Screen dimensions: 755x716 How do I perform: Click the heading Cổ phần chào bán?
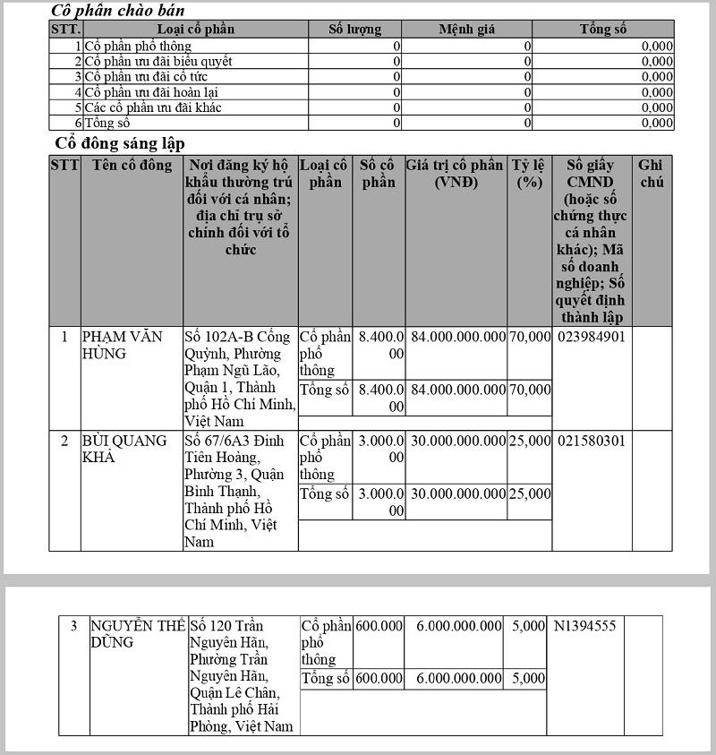118,11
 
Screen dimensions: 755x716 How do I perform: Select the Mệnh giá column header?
466,30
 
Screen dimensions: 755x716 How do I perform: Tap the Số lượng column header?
354,30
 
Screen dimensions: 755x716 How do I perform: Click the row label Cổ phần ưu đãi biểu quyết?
158,61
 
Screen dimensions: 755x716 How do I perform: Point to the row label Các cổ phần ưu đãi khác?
153,107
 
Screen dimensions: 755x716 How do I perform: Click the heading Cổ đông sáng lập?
120,142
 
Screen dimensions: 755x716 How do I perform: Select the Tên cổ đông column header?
131,166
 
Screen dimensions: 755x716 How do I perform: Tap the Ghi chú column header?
652,174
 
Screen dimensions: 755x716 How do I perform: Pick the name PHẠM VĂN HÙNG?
123,345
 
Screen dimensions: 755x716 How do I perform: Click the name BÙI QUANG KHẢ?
124,449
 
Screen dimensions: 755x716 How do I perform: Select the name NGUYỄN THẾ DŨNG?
137,633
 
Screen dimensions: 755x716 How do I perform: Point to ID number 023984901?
591,337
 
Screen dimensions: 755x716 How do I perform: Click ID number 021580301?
591,441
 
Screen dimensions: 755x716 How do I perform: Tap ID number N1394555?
584,626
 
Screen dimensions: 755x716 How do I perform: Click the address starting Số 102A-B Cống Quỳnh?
240,378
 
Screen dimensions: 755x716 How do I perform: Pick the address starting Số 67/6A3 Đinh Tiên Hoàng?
239,491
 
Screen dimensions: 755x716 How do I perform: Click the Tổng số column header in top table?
602,30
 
